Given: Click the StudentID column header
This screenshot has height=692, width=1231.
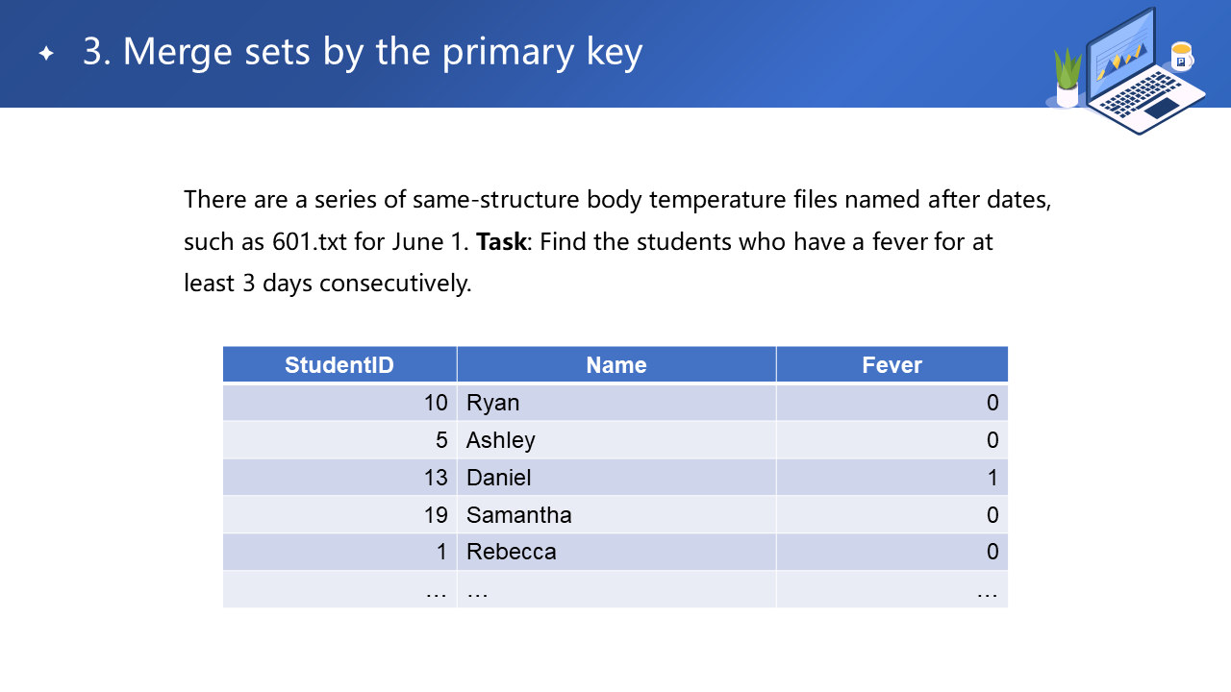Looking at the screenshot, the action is [339, 365].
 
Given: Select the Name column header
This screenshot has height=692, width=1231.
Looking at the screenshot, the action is [616, 365].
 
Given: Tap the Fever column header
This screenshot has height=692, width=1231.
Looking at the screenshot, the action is [892, 365].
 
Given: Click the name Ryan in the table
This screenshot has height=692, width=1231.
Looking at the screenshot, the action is [493, 403].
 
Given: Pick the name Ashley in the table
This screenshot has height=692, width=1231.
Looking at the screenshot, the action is [501, 440].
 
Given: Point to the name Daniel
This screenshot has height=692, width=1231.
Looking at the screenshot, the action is [498, 478].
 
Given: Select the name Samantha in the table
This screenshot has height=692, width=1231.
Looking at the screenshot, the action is [518, 515].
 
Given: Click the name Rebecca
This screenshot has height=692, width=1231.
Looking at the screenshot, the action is [511, 552].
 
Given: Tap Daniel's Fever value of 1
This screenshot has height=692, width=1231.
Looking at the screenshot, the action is [992, 478].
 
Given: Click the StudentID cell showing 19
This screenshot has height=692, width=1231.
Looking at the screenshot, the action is [436, 515].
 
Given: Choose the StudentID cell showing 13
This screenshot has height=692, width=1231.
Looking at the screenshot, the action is [436, 478].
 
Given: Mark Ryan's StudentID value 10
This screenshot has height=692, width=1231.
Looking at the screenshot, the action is [436, 403].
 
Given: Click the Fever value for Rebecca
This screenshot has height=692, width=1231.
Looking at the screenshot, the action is [992, 552].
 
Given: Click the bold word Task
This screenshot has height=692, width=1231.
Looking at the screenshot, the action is [501, 241].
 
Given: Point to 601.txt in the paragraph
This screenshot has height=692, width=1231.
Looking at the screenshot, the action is [310, 241].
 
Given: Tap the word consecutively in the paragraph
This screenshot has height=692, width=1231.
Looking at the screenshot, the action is [395, 284].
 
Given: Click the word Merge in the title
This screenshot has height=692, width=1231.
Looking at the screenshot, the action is [177, 52].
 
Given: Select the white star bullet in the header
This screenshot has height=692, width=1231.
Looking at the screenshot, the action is [46, 53].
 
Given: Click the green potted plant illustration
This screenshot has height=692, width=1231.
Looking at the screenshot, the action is [1068, 78].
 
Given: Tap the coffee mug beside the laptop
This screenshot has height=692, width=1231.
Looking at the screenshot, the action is [1182, 56].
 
